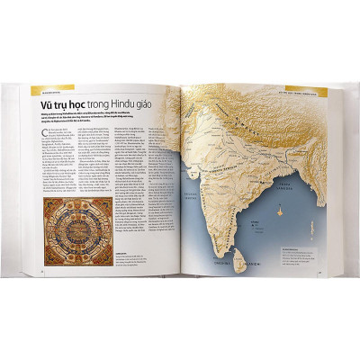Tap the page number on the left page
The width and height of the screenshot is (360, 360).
[42, 268]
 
